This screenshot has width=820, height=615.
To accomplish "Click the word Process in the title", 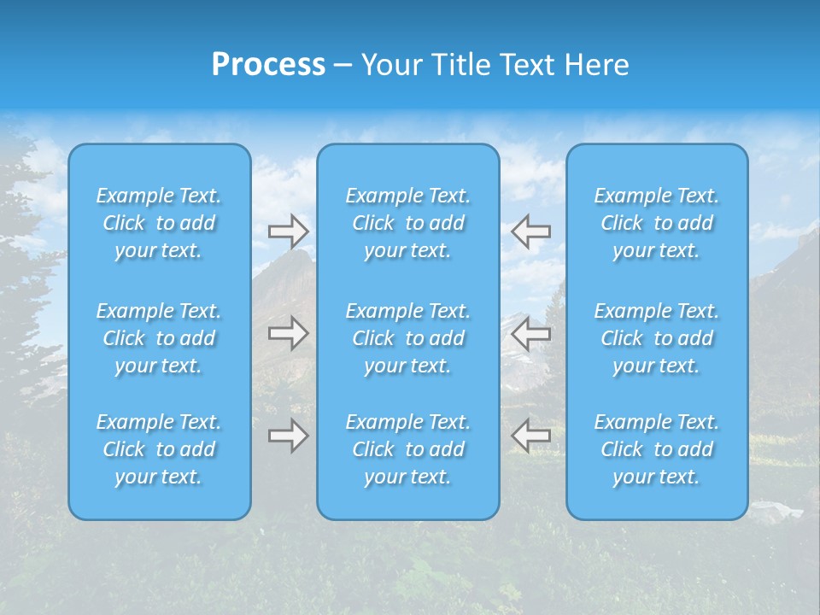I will [x=268, y=65].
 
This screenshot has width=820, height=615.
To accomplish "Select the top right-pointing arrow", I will [x=289, y=231].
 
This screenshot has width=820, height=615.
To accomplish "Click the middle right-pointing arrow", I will [x=289, y=333].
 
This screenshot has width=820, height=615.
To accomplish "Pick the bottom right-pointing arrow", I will [x=289, y=436].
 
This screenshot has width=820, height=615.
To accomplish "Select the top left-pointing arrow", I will [x=530, y=231].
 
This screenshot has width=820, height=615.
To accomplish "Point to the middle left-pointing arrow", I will [x=530, y=333].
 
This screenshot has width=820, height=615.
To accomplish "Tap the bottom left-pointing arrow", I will [x=530, y=436].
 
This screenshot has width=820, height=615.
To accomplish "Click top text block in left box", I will [x=159, y=223].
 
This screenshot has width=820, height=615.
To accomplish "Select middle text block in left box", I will [x=159, y=338].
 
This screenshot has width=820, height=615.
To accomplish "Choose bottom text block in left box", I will [x=159, y=449].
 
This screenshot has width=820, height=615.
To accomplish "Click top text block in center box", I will [x=407, y=223].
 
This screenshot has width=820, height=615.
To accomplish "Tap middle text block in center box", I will [x=407, y=338].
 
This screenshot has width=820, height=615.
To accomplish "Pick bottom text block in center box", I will [x=407, y=449].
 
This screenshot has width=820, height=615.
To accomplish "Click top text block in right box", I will [x=657, y=223].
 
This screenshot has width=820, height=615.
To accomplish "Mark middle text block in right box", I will [x=657, y=338].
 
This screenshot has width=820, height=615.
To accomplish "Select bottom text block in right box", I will [x=657, y=449].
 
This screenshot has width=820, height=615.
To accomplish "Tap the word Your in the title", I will [x=390, y=65].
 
